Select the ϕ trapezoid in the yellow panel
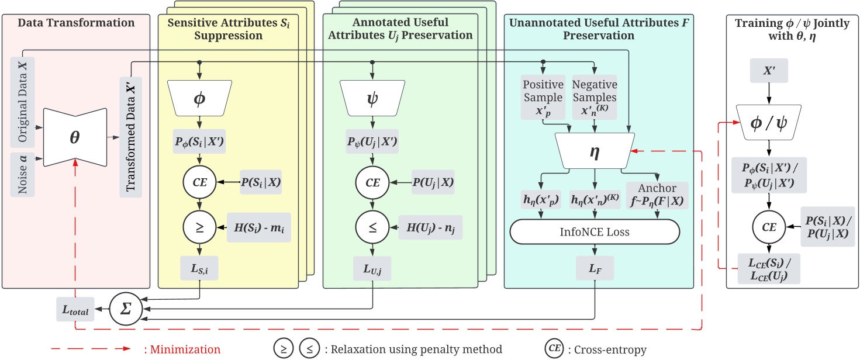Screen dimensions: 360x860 pyautogui.click(x=201, y=97)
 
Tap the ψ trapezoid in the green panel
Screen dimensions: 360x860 pyautogui.click(x=371, y=97)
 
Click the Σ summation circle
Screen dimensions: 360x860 pyautogui.click(x=125, y=309)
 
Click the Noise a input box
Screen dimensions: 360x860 pyautogui.click(x=23, y=174)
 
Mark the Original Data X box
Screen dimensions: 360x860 pyautogui.click(x=23, y=100)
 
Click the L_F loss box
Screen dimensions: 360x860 pyautogui.click(x=594, y=269)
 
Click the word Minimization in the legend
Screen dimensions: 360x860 pyautogui.click(x=182, y=349)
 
